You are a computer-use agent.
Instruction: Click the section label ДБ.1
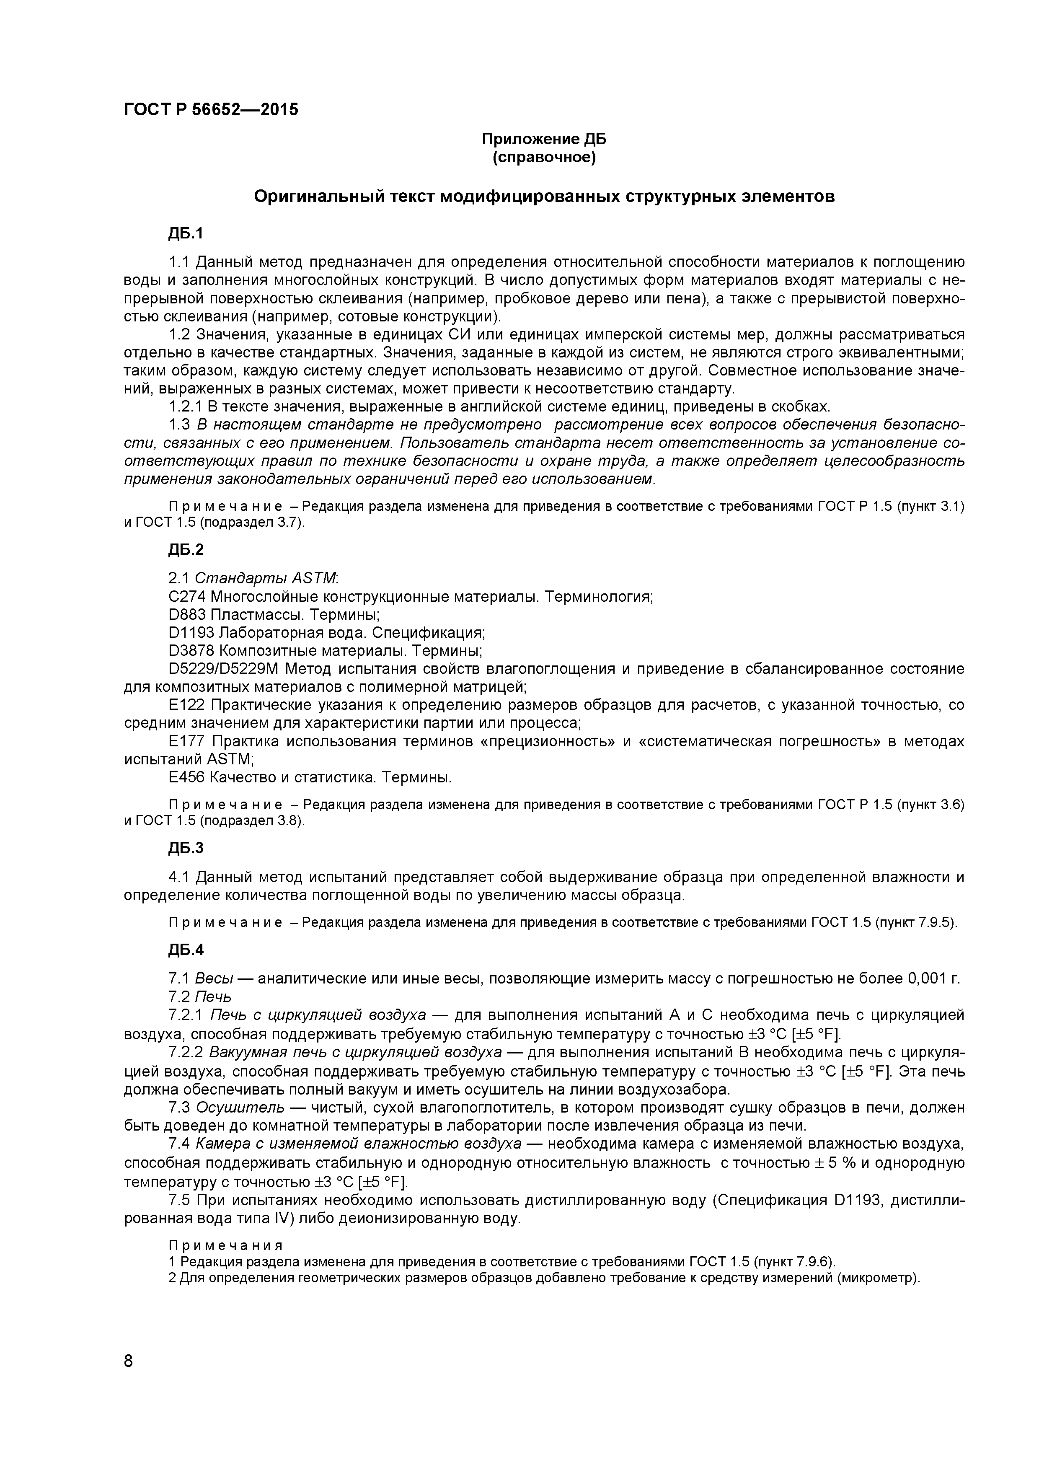pyautogui.click(x=185, y=234)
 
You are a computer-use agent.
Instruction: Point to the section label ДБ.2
pyautogui.click(x=186, y=549)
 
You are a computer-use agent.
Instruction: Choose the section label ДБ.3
pyautogui.click(x=186, y=848)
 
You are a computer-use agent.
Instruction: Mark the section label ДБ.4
pyautogui.click(x=186, y=950)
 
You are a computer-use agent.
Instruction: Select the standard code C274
pyautogui.click(x=187, y=597)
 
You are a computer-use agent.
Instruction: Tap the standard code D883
pyautogui.click(x=187, y=615)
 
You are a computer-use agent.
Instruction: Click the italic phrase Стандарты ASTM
pyautogui.click(x=265, y=578)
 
